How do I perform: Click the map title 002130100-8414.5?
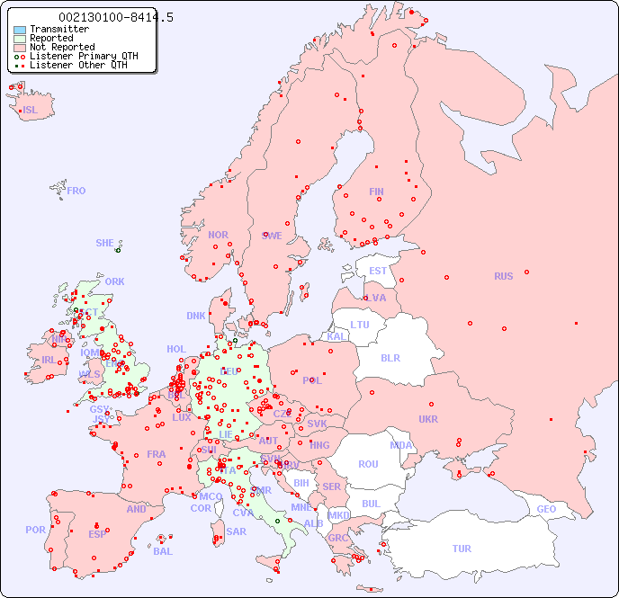point(116,17)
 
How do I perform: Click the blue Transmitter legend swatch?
point(20,30)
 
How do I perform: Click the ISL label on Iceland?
point(31,111)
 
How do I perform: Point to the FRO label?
point(76,191)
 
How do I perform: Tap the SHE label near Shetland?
point(104,243)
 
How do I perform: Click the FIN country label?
point(376,192)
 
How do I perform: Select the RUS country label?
point(503,276)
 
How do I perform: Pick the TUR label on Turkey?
point(462,549)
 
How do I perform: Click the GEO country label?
point(546,509)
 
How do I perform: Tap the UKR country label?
point(427,419)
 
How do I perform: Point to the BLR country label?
point(390,357)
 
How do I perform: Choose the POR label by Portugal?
point(35,530)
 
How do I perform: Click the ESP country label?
point(97,534)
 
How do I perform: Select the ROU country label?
point(368,464)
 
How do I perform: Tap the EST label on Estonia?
point(378,271)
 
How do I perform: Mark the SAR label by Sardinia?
point(236,531)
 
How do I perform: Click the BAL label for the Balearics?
point(162,551)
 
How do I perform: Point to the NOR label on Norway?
point(218,235)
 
